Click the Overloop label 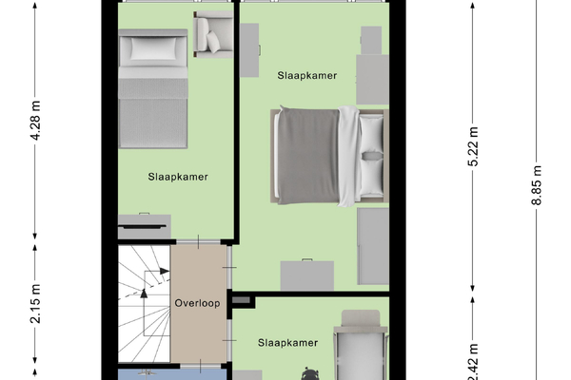click(x=197, y=303)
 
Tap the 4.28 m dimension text click(x=35, y=121)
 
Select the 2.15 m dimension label click(x=35, y=304)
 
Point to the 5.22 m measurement click(x=473, y=146)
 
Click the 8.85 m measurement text click(x=537, y=185)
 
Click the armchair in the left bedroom click(x=213, y=34)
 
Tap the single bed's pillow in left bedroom click(x=153, y=48)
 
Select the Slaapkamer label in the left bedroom click(x=178, y=177)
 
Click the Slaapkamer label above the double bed click(x=307, y=75)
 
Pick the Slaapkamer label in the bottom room click(x=288, y=343)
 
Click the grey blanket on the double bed click(x=308, y=156)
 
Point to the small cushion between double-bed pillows click(x=372, y=156)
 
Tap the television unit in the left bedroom click(x=145, y=226)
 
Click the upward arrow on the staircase click(x=144, y=294)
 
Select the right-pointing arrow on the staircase click(x=165, y=271)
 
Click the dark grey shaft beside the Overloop click(x=241, y=300)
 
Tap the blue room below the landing click(x=172, y=374)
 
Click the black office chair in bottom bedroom click(x=310, y=374)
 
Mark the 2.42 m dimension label click(x=473, y=361)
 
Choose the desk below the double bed click(x=307, y=275)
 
